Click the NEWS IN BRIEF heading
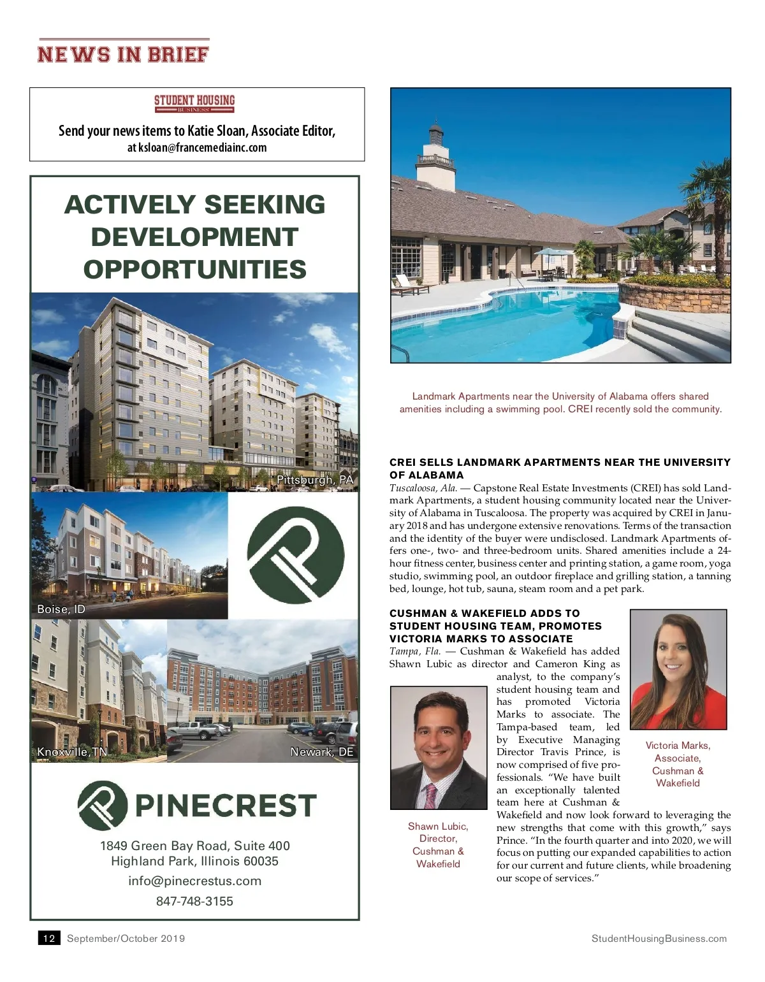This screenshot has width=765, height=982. [x=123, y=54]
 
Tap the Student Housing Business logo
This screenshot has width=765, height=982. [x=194, y=103]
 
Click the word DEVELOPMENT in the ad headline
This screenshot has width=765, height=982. [x=194, y=237]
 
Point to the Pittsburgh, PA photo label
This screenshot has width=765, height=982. [x=315, y=480]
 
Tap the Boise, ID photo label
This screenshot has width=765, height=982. [x=61, y=609]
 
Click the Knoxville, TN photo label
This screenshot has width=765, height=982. [x=72, y=752]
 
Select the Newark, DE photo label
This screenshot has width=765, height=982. [x=321, y=752]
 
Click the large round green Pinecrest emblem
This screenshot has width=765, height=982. [x=295, y=555]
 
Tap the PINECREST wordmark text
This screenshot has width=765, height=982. [x=226, y=805]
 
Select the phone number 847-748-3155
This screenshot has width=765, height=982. [x=194, y=901]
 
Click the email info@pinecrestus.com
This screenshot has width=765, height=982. [x=194, y=881]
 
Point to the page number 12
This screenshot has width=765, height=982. [x=49, y=938]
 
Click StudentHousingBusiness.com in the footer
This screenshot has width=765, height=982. [x=659, y=938]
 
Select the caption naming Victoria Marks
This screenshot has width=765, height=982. [x=678, y=764]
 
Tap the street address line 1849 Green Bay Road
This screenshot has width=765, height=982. [x=194, y=846]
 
